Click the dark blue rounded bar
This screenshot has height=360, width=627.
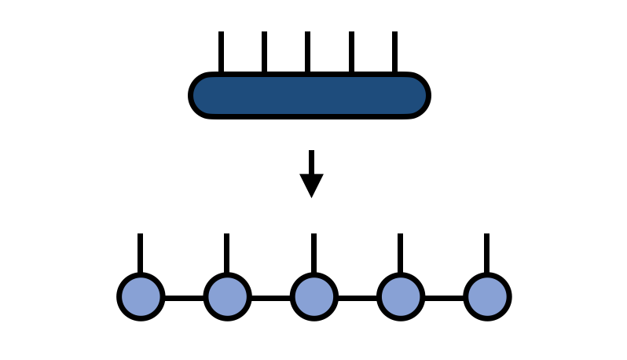tap(310, 96)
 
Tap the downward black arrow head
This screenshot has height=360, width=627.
tap(311, 184)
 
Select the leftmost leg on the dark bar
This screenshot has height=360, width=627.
tap(221, 53)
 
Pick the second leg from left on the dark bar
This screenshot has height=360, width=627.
tap(264, 53)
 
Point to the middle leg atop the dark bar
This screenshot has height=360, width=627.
tap(307, 53)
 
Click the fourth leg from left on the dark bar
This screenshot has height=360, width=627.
tap(351, 53)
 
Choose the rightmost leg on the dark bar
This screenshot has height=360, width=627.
tap(394, 53)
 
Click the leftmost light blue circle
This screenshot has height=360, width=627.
tap(141, 297)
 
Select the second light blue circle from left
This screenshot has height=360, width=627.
tap(227, 297)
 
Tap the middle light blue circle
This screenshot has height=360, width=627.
tap(313, 297)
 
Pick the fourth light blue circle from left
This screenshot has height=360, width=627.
tap(401, 297)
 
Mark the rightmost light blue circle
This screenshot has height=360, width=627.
tap(487, 297)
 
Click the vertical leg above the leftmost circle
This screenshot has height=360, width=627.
tap(141, 253)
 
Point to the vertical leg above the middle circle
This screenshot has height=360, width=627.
tap(313, 253)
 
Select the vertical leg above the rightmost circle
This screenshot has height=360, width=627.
tap(487, 253)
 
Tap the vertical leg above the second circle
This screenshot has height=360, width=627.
tap(227, 253)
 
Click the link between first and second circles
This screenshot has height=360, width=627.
tap(184, 298)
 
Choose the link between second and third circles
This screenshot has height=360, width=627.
tap(270, 298)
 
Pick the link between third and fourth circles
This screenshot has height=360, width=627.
tap(357, 298)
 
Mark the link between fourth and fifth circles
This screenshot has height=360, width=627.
tap(444, 298)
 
